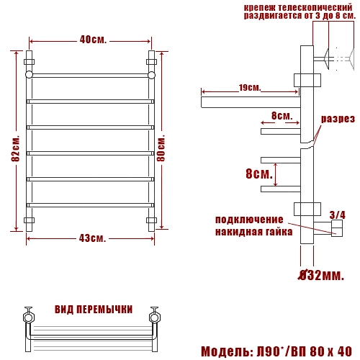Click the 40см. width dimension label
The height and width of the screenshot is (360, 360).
click(93, 40)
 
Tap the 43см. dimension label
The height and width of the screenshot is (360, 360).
click(92, 238)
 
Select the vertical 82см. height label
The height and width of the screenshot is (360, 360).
click(16, 149)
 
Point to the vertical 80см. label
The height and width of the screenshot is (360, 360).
click(161, 148)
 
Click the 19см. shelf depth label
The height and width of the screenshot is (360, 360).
click(250, 88)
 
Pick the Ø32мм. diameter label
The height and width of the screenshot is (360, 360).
click(321, 275)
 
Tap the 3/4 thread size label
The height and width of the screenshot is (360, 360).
click(338, 215)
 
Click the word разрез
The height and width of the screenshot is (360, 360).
click(338, 119)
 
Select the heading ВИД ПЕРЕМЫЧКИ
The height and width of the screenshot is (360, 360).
click(94, 309)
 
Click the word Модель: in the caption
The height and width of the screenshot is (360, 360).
click(227, 351)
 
